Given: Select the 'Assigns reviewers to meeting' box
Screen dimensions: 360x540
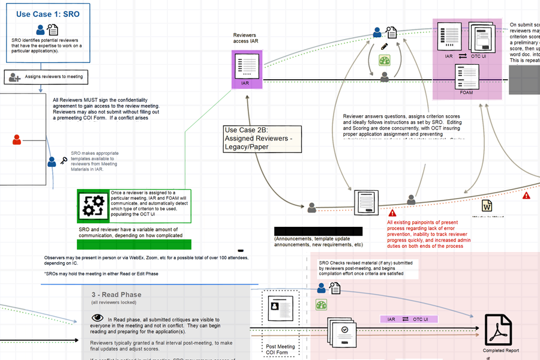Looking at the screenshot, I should pos(46,77).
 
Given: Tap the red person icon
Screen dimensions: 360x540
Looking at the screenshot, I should pos(17,140).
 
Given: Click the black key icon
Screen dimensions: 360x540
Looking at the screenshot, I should pos(64,161).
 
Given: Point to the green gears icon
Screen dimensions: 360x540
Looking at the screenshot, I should pos(93,206).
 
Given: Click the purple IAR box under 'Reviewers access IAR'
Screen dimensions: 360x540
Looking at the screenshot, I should pos(247,69).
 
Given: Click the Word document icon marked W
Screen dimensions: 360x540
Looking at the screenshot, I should pos(487,206).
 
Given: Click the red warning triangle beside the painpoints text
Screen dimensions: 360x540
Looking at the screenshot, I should pos(392,213).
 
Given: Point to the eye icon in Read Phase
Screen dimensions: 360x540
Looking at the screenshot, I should pos(97,318).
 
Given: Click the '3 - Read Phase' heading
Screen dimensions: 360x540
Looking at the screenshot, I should pos(116,295).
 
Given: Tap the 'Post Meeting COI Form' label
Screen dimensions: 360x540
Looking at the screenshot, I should pos(281,349).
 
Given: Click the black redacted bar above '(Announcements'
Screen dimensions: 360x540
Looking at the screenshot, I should pos(318,231).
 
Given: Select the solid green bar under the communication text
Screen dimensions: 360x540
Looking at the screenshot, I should pos(134,244).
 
